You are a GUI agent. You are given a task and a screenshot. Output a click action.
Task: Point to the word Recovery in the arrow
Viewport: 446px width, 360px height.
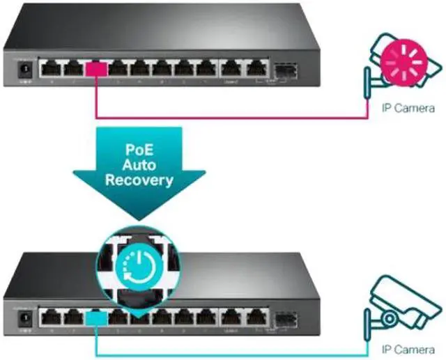click(139, 180)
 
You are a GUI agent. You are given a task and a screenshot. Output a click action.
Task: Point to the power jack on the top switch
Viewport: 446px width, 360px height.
click(26, 70)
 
